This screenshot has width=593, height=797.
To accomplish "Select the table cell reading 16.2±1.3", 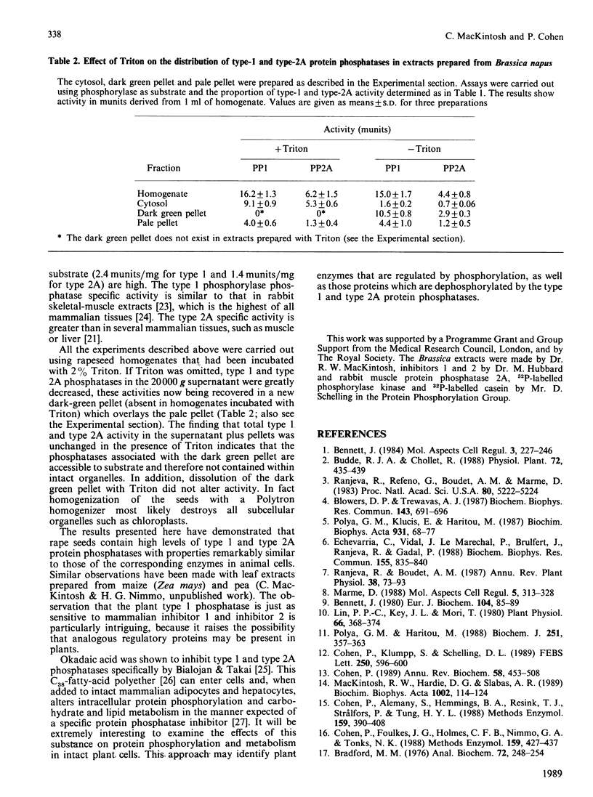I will pyautogui.click(x=251, y=195).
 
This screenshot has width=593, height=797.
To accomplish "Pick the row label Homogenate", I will pyautogui.click(x=161, y=195).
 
